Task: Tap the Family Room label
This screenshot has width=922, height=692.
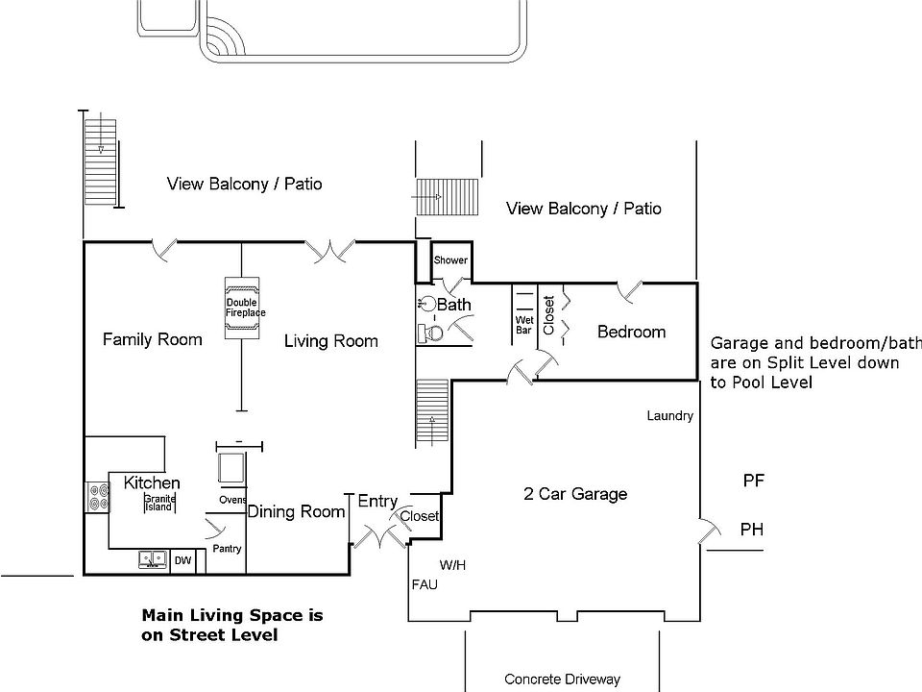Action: point(153,339)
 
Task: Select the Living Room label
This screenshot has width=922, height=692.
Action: point(331,341)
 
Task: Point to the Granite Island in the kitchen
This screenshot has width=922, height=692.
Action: point(158,503)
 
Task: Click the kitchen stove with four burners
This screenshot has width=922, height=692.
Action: point(97,496)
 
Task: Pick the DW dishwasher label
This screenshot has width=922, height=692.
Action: point(182,560)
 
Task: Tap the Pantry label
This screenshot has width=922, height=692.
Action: point(228,549)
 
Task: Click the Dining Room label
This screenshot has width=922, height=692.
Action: point(296,512)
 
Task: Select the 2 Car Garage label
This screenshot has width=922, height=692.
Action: point(575,494)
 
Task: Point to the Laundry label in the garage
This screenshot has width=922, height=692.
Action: point(669,416)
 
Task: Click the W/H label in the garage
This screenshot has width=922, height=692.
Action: point(453,565)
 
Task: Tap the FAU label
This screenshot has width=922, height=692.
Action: point(425,584)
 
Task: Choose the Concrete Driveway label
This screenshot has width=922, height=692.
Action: point(562,680)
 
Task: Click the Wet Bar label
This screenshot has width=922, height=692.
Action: point(524,325)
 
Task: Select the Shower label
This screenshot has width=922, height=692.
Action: point(450,260)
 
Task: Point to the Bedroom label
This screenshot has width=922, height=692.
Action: point(631,332)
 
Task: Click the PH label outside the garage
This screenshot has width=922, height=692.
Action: point(752,530)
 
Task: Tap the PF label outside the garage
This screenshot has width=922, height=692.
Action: point(753,481)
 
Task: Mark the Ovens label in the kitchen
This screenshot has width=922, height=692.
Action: point(232,500)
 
